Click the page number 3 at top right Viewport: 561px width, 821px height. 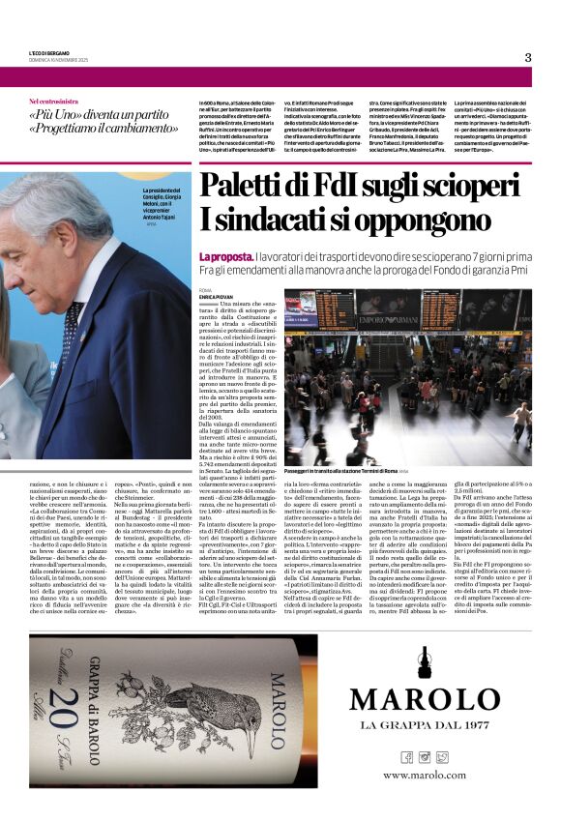528,57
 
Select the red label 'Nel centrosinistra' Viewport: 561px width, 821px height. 53,101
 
